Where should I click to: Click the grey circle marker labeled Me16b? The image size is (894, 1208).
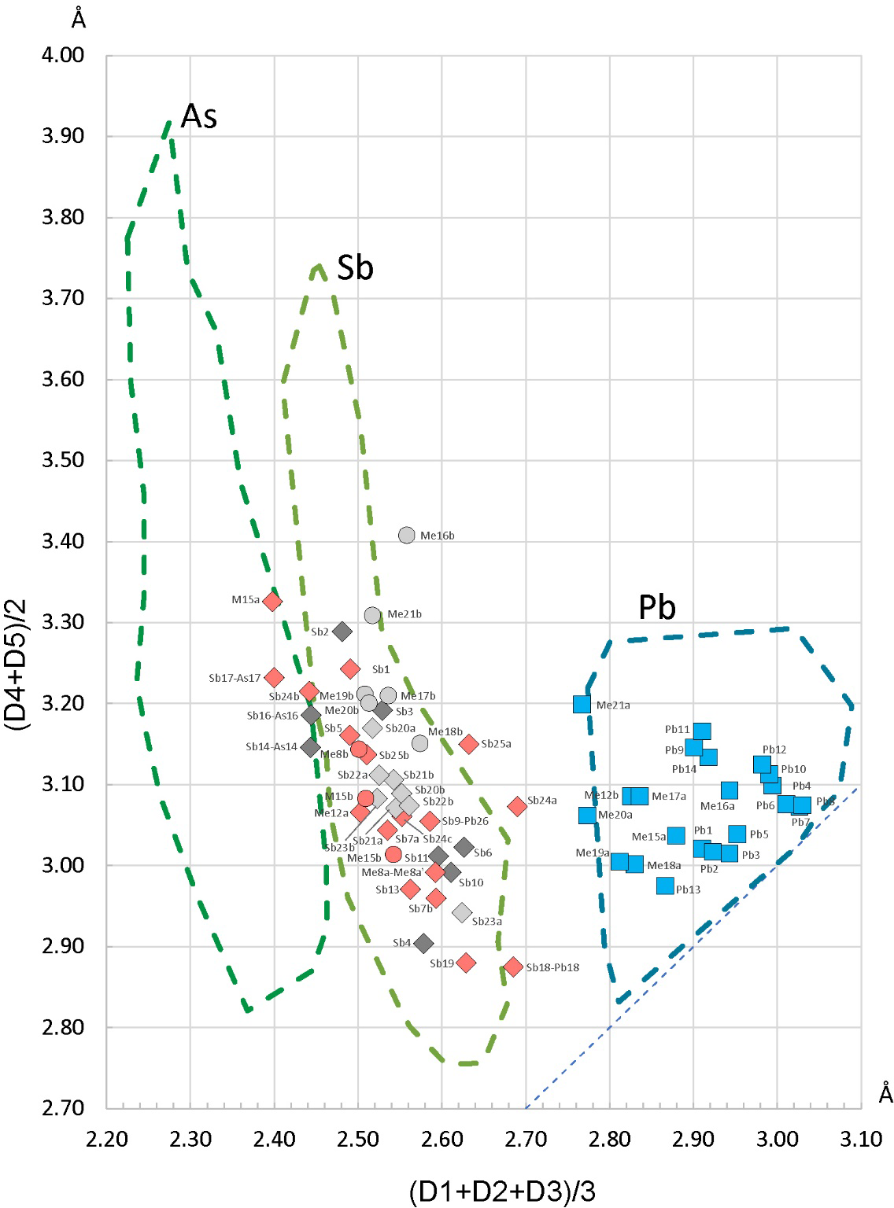tap(406, 536)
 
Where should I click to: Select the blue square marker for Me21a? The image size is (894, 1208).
tap(582, 704)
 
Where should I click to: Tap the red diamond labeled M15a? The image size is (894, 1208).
tap(272, 602)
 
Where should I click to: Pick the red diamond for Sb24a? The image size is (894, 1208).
tap(517, 806)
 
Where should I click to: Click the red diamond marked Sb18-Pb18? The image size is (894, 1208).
tap(514, 967)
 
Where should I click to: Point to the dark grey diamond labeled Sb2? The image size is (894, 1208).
tap(342, 631)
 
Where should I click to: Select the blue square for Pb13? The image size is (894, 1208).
tap(666, 886)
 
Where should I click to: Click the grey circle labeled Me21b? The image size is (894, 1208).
tap(372, 615)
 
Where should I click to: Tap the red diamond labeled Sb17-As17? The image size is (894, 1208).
tap(274, 677)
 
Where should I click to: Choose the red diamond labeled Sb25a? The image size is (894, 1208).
tap(469, 743)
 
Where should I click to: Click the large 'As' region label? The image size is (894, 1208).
tap(198, 116)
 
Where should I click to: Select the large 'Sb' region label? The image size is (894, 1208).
tap(355, 268)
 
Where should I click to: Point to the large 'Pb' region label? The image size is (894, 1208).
tap(657, 608)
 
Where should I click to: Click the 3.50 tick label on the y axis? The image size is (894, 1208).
tap(62, 460)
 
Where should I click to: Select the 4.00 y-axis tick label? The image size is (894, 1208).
tap(62, 56)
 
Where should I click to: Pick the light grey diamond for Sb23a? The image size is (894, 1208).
tap(462, 913)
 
